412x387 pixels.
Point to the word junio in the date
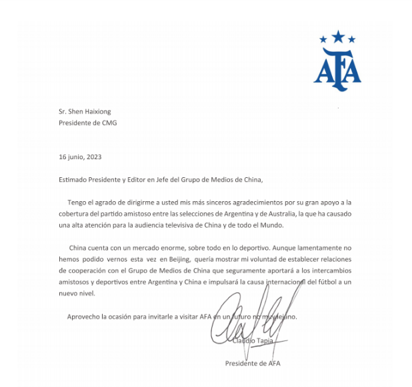tap(73, 157)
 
